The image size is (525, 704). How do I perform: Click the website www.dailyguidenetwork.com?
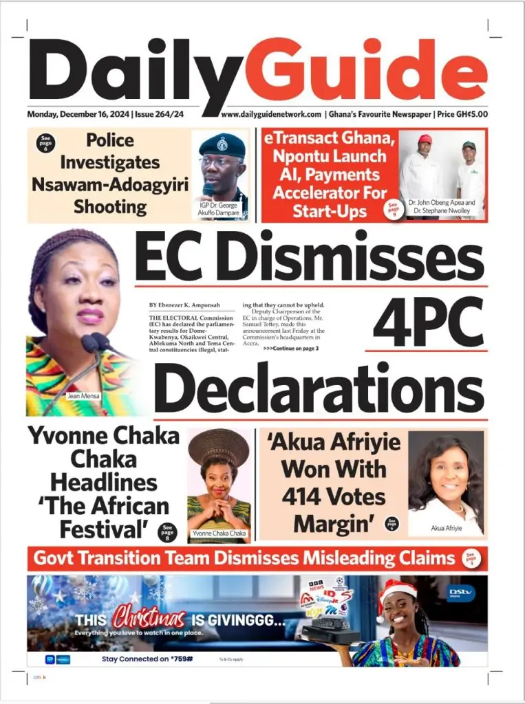[271, 114]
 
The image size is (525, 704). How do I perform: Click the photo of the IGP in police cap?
[222, 168]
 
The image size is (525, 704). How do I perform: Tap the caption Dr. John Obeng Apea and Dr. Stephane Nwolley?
[442, 207]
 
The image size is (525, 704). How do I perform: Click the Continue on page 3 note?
[290, 349]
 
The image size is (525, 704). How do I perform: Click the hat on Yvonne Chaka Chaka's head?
[219, 443]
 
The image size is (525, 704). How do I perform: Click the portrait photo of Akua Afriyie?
[445, 478]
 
